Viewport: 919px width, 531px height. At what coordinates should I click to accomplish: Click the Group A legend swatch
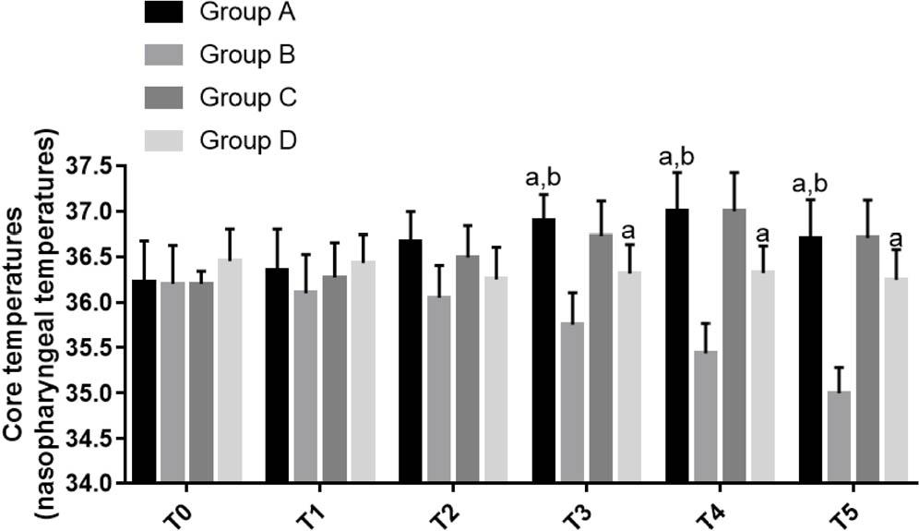[165, 13]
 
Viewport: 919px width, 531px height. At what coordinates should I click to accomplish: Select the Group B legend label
[247, 55]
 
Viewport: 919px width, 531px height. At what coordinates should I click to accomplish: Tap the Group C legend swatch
[165, 97]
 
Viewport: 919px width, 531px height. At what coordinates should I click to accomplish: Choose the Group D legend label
[247, 139]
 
